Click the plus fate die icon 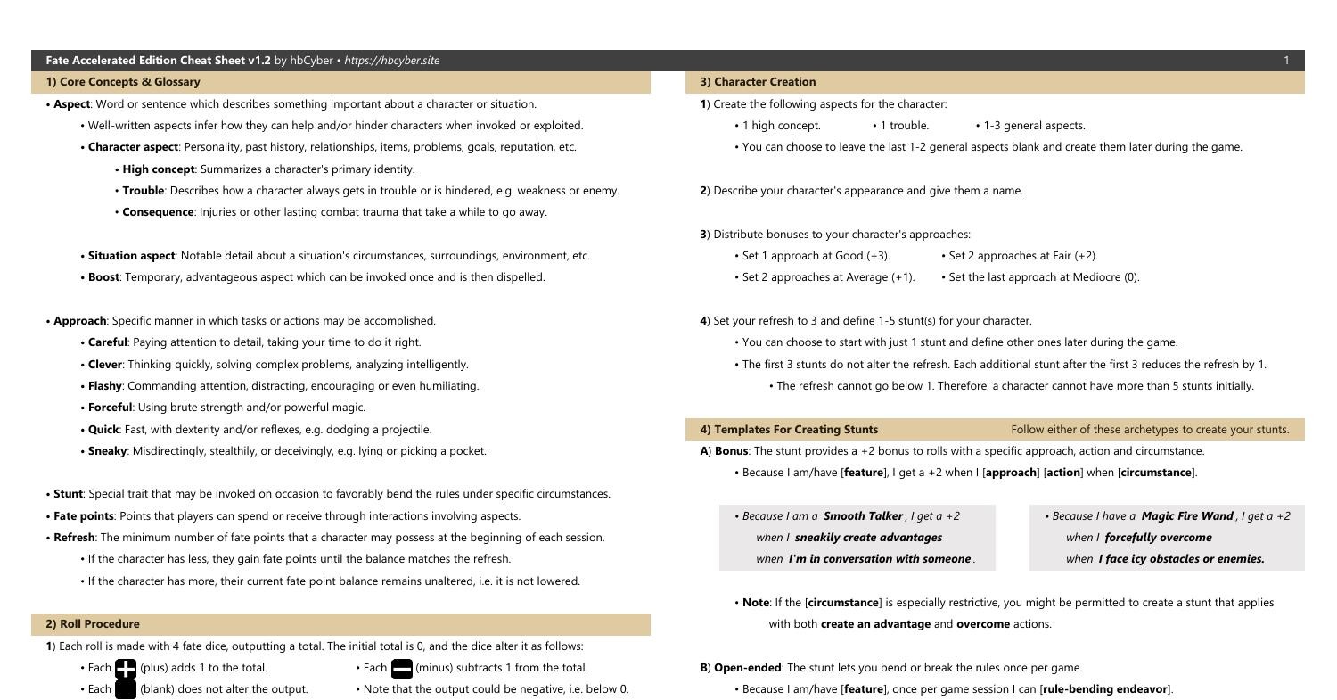pyautogui.click(x=126, y=668)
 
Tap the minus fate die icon pyautogui.click(x=402, y=668)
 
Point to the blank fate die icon pyautogui.click(x=126, y=689)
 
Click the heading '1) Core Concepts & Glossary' pyautogui.click(x=123, y=82)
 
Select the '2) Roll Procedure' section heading pyautogui.click(x=93, y=624)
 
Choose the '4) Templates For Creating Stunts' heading pyautogui.click(x=789, y=430)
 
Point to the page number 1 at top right pyautogui.click(x=1286, y=61)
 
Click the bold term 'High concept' pyautogui.click(x=158, y=169)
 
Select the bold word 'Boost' pyautogui.click(x=104, y=277)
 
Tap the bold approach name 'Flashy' pyautogui.click(x=104, y=386)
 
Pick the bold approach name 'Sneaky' pyautogui.click(x=107, y=451)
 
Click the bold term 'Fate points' pyautogui.click(x=84, y=516)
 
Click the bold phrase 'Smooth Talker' pyautogui.click(x=863, y=516)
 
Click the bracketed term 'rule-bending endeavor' pyautogui.click(x=1105, y=689)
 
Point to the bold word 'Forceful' pyautogui.click(x=110, y=408)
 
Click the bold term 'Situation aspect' pyautogui.click(x=131, y=256)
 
